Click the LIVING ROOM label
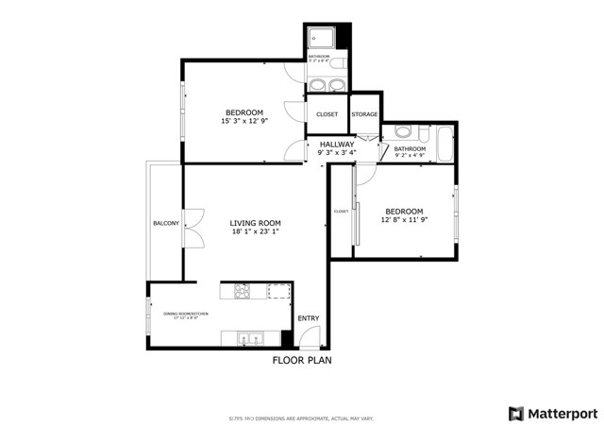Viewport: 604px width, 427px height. (x=256, y=223)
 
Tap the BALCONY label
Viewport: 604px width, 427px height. (x=166, y=223)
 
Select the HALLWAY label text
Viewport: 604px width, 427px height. (x=336, y=144)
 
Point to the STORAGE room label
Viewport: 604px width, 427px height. (x=364, y=114)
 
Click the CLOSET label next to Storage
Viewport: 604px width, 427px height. (x=327, y=114)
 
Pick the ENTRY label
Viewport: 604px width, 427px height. (x=309, y=318)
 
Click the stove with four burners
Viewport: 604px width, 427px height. (x=236, y=290)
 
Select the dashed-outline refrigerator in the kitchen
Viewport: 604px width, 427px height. (x=279, y=290)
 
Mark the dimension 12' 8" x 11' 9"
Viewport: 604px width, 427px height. (x=403, y=220)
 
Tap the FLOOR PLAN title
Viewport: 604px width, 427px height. (x=302, y=360)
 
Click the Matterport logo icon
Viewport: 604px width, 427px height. (x=515, y=413)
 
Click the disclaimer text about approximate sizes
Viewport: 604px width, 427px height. (x=301, y=418)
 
